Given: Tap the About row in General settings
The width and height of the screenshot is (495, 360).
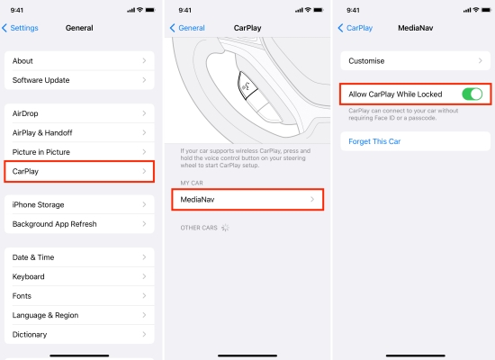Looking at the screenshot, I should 79,61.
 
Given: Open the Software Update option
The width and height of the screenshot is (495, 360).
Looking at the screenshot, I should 79,80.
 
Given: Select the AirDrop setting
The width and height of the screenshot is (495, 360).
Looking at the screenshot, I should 79,114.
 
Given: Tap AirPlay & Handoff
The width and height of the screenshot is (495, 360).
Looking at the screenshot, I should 79,133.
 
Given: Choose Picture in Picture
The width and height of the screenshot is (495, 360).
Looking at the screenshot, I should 79,152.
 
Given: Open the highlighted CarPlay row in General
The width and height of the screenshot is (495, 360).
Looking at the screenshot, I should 79,170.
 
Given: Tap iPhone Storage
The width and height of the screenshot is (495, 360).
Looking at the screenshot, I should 79,204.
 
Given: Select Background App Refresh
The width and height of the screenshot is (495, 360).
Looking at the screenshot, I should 79,223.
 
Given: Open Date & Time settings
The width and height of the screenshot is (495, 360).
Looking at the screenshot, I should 79,257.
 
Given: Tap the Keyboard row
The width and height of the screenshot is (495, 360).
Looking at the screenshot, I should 79,276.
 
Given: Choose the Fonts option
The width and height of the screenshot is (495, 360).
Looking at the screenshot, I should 79,295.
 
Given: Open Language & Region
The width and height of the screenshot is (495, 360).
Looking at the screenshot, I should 79,315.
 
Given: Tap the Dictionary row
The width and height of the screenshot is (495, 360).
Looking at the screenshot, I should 79,334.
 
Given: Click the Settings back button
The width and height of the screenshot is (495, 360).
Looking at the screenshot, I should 21,28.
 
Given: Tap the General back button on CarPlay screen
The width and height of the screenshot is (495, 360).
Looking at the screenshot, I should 187,28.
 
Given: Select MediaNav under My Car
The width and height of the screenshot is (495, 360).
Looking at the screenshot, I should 247,199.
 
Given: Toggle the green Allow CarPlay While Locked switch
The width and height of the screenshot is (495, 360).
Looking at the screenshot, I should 471,94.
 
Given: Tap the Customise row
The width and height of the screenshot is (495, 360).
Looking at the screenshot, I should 415,61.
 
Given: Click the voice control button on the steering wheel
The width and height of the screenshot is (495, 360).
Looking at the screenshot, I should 246,86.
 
